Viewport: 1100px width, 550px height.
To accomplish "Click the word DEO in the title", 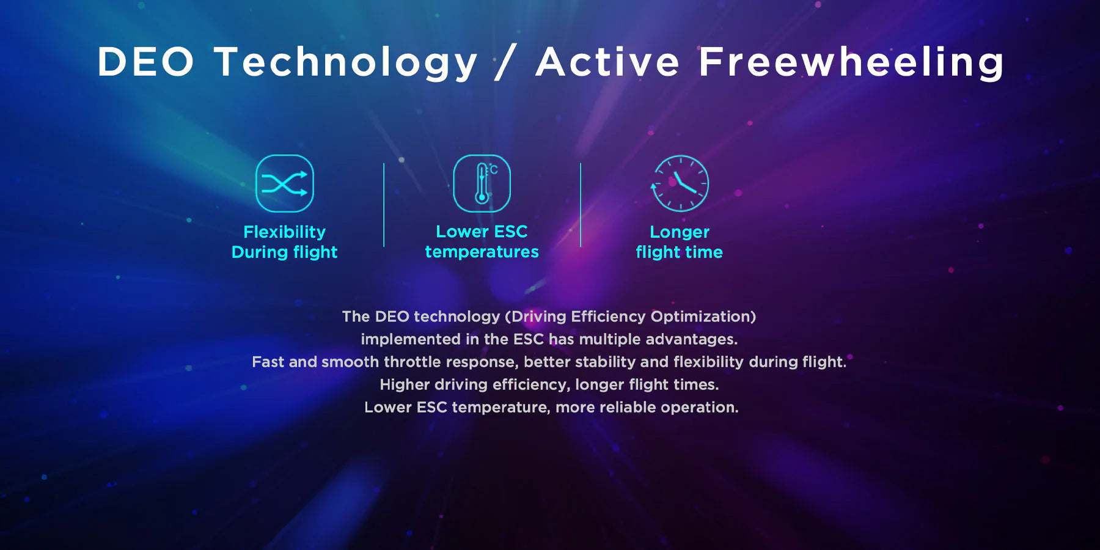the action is tap(146, 62).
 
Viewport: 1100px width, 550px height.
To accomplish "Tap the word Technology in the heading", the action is tap(346, 63).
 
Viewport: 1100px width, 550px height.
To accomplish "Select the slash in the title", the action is tap(506, 62).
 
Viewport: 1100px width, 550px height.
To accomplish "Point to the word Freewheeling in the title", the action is tap(851, 63).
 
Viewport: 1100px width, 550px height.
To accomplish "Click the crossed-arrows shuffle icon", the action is tap(285, 183).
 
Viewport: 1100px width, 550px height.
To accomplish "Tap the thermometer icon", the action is tap(482, 183).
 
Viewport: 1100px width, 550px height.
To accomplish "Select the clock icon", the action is tap(680, 183).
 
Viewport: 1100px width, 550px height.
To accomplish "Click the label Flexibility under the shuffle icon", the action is tap(285, 232).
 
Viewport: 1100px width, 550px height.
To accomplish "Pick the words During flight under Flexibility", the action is tap(285, 252).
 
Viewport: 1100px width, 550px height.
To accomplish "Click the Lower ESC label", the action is tap(482, 232).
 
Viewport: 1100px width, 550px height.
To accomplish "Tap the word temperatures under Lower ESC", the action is tap(482, 252).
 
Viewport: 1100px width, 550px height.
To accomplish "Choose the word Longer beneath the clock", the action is tap(680, 232).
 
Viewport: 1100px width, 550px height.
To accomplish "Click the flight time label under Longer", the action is tap(680, 252).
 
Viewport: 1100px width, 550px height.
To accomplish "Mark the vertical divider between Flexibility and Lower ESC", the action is tap(384, 205).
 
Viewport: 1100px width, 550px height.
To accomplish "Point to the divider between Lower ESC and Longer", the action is tap(581, 205).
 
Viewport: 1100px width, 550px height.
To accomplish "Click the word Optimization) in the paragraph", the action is tap(703, 317).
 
